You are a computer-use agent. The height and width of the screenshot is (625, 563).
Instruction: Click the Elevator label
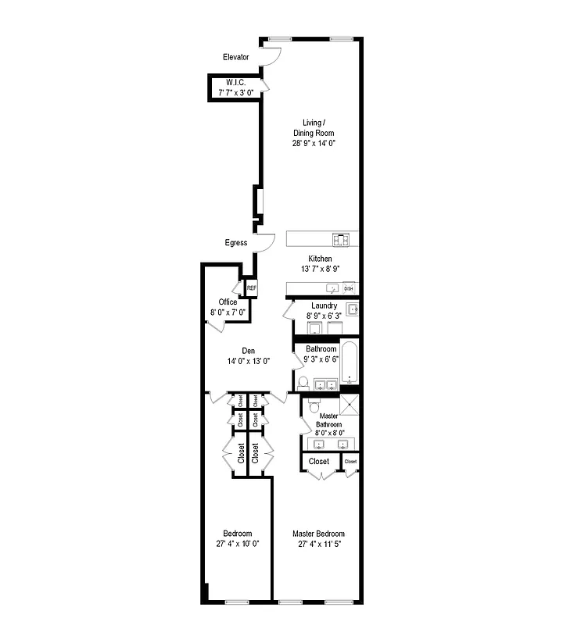(x=235, y=57)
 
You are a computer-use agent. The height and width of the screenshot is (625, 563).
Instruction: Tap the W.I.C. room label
(x=235, y=82)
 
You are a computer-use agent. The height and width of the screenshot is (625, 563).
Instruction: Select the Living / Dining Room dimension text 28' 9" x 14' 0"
(x=318, y=144)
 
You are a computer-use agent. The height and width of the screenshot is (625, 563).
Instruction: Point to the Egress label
(x=235, y=243)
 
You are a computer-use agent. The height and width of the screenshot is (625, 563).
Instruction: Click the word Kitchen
(x=319, y=259)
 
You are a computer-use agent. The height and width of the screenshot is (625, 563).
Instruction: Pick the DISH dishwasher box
(x=349, y=288)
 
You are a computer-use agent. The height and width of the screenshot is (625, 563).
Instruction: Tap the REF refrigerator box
(x=251, y=288)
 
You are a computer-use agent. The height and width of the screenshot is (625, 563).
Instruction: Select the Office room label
(x=228, y=302)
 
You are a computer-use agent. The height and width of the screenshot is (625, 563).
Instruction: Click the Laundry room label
(x=324, y=305)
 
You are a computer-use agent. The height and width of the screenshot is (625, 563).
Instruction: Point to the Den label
(x=249, y=350)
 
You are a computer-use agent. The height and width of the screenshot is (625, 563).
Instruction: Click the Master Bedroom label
(x=318, y=534)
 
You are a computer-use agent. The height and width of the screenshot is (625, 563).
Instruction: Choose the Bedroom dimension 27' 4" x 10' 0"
(x=238, y=544)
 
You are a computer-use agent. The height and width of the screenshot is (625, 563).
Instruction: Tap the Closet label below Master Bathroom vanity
(x=319, y=462)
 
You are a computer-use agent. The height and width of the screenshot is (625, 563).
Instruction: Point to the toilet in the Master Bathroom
(x=313, y=405)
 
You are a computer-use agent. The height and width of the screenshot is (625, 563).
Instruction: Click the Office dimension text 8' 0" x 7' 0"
(x=228, y=312)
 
